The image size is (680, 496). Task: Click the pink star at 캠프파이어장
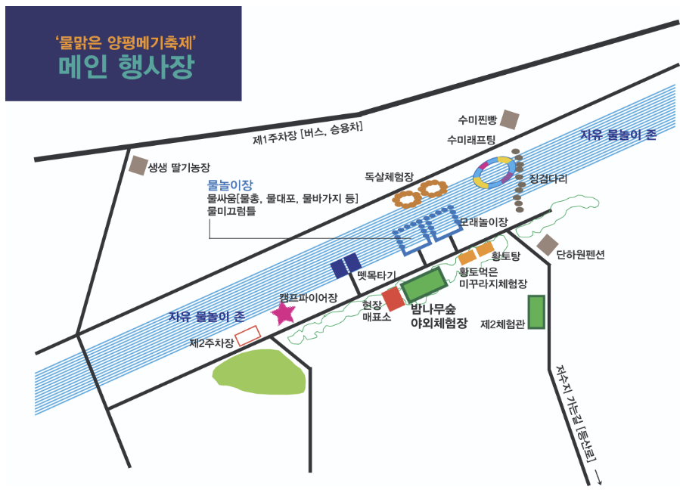point(284,312)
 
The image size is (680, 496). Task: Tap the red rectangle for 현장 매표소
point(393,299)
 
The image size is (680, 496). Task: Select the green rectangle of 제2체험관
point(536,312)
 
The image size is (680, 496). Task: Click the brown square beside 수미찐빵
point(511,119)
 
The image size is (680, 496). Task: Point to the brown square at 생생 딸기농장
point(138,166)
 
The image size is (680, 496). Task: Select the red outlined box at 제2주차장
point(247,335)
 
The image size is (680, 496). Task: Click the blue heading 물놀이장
point(230,184)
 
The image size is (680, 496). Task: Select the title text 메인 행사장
point(126,67)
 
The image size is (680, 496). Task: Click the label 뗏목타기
point(382,277)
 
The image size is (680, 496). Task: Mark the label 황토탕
point(506,257)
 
